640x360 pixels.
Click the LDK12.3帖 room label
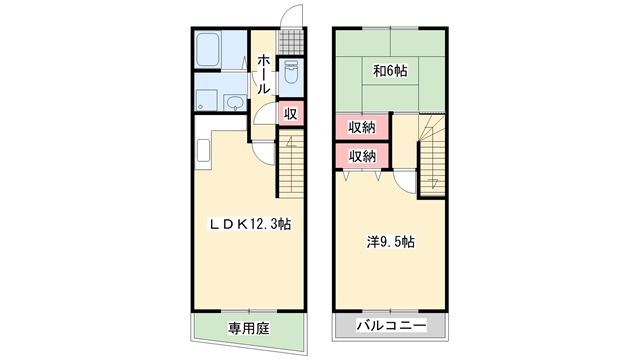250,224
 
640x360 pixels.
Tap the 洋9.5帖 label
391,242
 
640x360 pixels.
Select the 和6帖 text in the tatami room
390,71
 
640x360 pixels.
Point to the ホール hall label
264,74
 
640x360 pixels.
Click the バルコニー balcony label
391,325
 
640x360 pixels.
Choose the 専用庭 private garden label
249,329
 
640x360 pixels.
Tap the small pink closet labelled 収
291,113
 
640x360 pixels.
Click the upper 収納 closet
362,128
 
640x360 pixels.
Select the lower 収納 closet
362,156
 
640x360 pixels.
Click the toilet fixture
291,72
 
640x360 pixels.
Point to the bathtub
208,50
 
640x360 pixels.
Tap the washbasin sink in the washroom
235,102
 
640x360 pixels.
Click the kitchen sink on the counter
203,150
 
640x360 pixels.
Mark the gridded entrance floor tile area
291,42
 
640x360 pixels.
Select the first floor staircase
291,164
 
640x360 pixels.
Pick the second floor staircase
432,155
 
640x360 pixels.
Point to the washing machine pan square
206,100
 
